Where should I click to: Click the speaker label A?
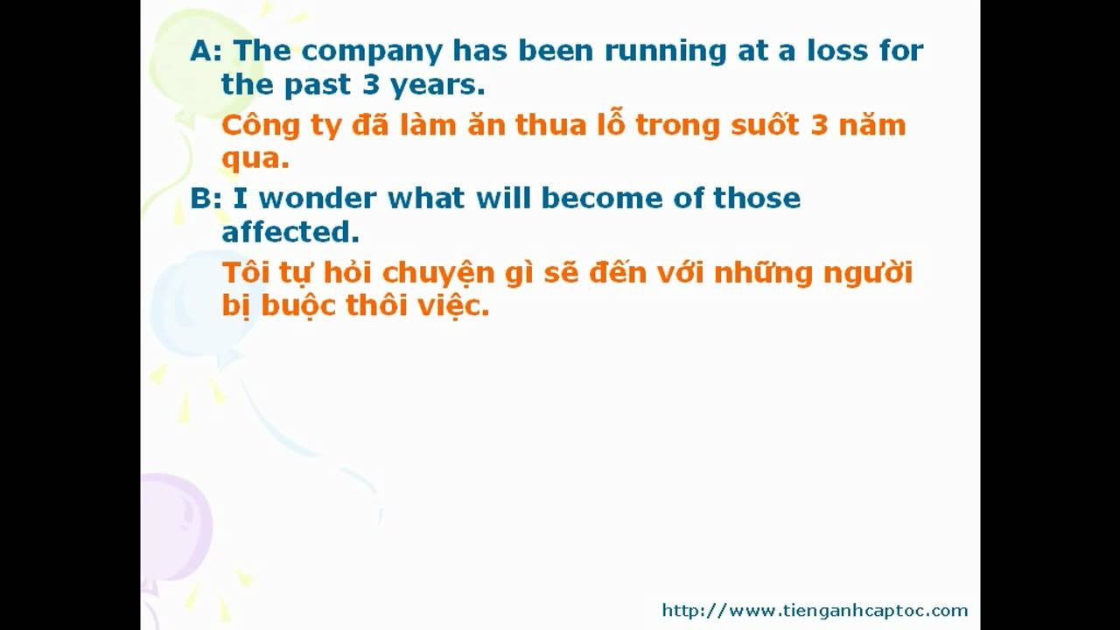point(206,51)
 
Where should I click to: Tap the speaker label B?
point(206,199)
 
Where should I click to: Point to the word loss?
point(837,50)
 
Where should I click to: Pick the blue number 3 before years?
point(371,84)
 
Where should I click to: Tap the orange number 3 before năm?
point(819,124)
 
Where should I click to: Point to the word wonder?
point(318,198)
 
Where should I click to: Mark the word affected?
point(290,232)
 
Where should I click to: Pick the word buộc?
point(297,304)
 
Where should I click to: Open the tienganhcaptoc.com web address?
point(815,611)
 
